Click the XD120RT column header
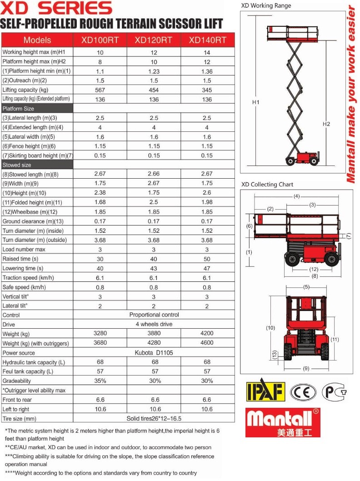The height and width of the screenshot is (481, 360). (153, 40)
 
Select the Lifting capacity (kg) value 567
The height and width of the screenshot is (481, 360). (100, 90)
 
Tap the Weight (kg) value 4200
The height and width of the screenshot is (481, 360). (207, 333)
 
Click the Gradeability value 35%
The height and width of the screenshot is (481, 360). (100, 381)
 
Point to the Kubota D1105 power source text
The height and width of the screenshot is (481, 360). (154, 353)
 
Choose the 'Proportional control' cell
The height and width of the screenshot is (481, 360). (154, 315)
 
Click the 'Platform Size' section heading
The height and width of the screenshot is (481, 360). (19, 109)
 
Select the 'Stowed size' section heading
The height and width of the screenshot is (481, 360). (17, 165)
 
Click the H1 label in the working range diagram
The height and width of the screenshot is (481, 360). (255, 103)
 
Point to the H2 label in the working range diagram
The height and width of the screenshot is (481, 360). (326, 124)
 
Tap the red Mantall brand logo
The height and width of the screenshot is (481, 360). (283, 422)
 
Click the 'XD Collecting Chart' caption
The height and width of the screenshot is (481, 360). (267, 185)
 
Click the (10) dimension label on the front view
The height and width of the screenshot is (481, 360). (270, 328)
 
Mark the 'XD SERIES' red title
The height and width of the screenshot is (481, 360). (56, 8)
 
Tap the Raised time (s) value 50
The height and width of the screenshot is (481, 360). (207, 259)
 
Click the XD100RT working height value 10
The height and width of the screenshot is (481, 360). (100, 52)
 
